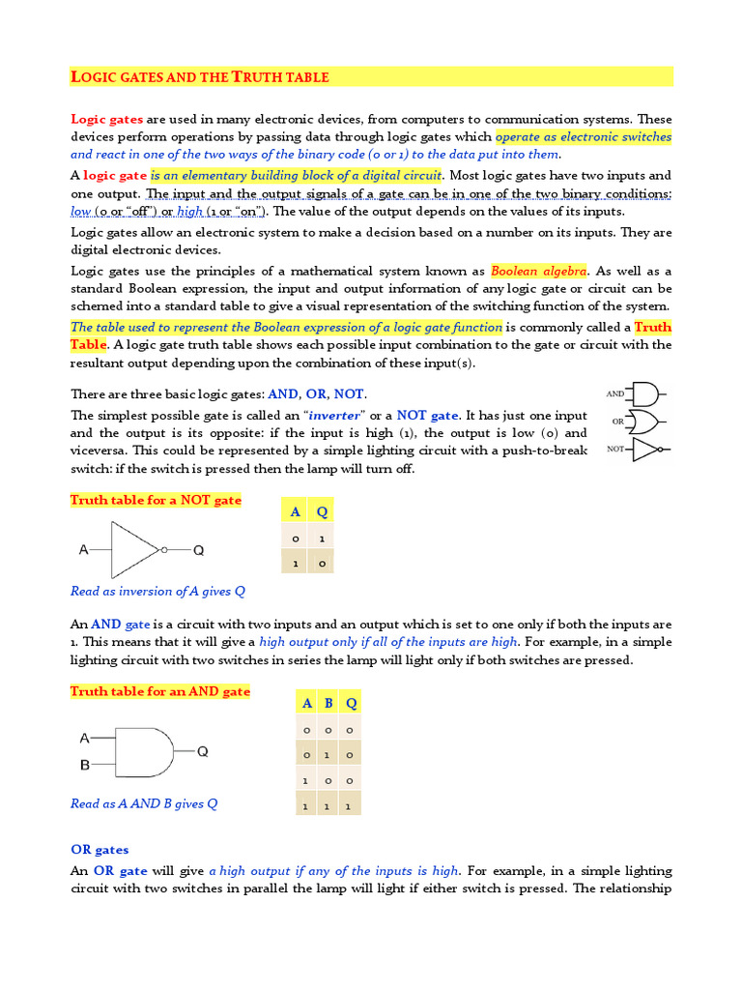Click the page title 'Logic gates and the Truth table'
200,76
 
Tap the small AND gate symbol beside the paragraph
644,394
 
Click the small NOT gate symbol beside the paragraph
646,450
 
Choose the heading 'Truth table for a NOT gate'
156,500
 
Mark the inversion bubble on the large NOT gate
164,550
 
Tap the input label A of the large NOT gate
84,550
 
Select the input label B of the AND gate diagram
85,765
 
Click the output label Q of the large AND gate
203,751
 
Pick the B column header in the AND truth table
328,703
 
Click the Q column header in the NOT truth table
322,511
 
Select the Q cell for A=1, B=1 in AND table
351,804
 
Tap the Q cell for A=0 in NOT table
322,538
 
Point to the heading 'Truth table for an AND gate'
160,691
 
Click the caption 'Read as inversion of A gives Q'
158,591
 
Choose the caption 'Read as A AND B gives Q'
144,803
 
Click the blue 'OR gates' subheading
100,850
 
